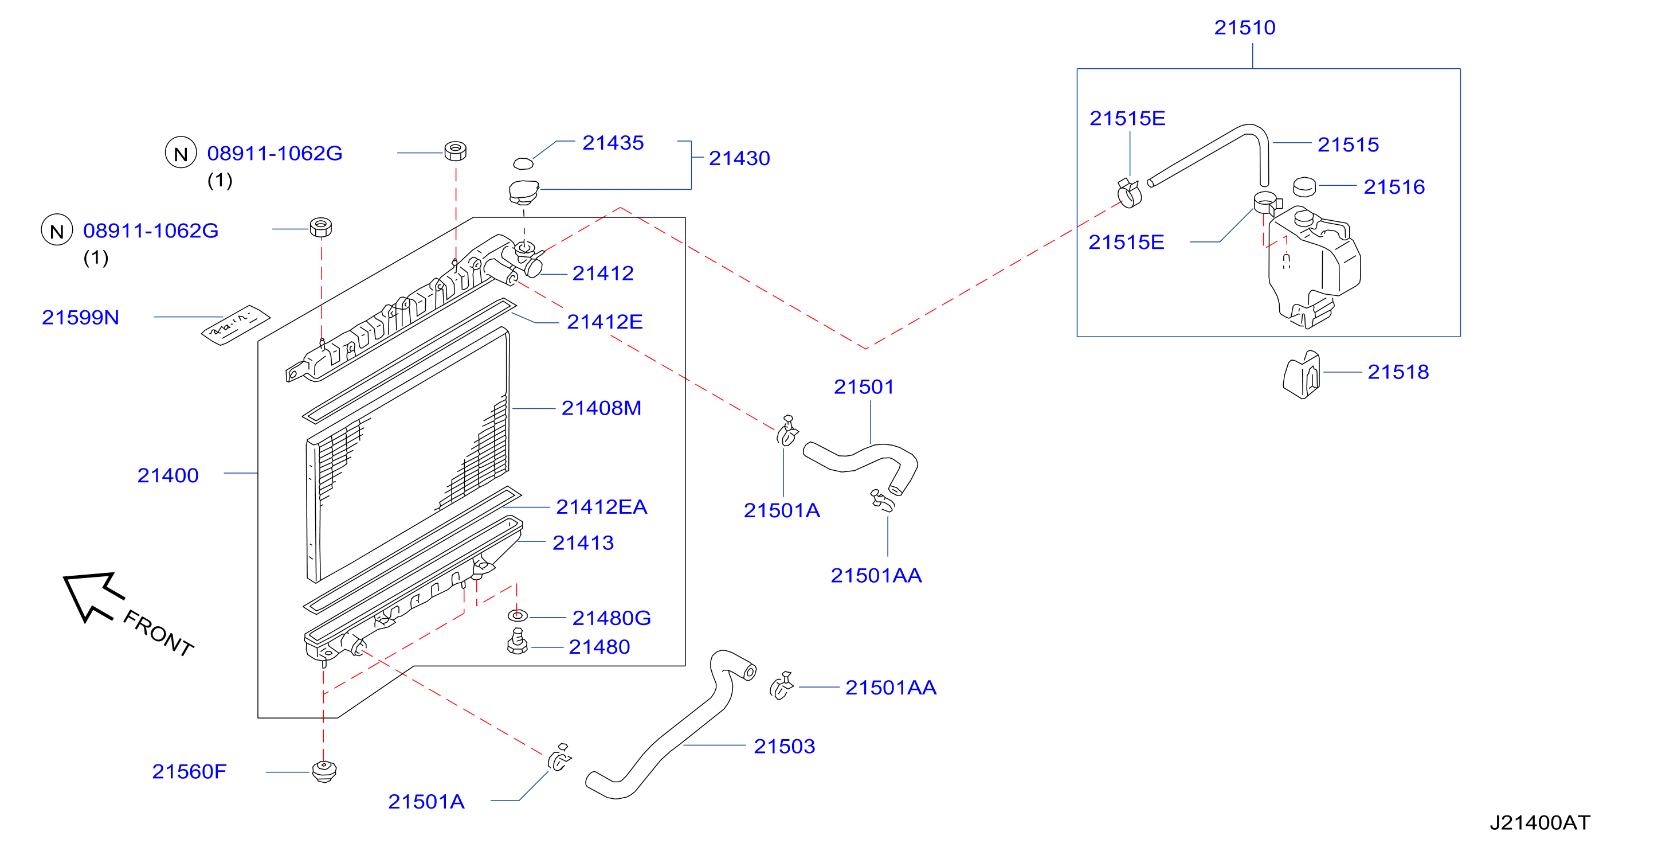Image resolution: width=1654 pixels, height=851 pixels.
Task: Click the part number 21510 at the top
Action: (1244, 28)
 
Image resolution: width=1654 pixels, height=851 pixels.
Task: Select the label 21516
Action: (1394, 187)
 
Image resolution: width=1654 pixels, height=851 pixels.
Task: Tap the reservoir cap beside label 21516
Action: (1304, 186)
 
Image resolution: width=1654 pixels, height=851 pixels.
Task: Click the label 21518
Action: (1398, 372)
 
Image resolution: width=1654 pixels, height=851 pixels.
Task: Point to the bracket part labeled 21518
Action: (1302, 375)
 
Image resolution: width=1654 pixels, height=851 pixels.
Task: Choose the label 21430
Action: (739, 158)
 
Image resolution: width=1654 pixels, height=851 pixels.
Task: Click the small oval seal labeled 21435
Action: (523, 163)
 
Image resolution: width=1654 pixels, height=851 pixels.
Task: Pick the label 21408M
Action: (601, 408)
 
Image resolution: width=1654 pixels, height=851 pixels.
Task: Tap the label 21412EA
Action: (601, 507)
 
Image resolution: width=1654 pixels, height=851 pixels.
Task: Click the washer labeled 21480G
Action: (518, 616)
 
